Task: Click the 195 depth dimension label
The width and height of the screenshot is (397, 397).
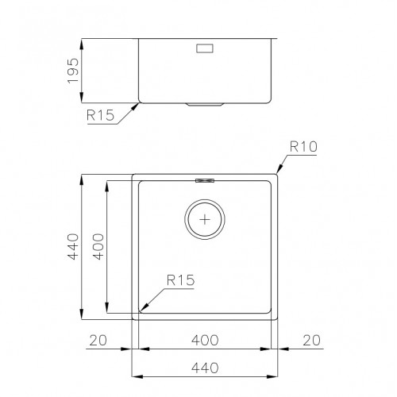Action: click(x=73, y=71)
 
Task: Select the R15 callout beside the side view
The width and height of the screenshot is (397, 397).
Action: click(x=100, y=115)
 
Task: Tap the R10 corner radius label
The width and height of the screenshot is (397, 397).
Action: click(x=303, y=146)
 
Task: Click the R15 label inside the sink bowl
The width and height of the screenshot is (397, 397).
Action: click(x=180, y=280)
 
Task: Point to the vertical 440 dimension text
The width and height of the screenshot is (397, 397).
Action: click(x=73, y=246)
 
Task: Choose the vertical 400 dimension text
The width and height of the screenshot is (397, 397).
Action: click(x=98, y=246)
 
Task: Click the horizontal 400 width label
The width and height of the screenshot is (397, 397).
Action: click(x=205, y=340)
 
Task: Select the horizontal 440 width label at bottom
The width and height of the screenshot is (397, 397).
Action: click(x=205, y=368)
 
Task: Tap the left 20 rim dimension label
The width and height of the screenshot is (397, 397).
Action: click(x=98, y=340)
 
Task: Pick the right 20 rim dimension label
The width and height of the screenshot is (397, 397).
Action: click(x=311, y=340)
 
